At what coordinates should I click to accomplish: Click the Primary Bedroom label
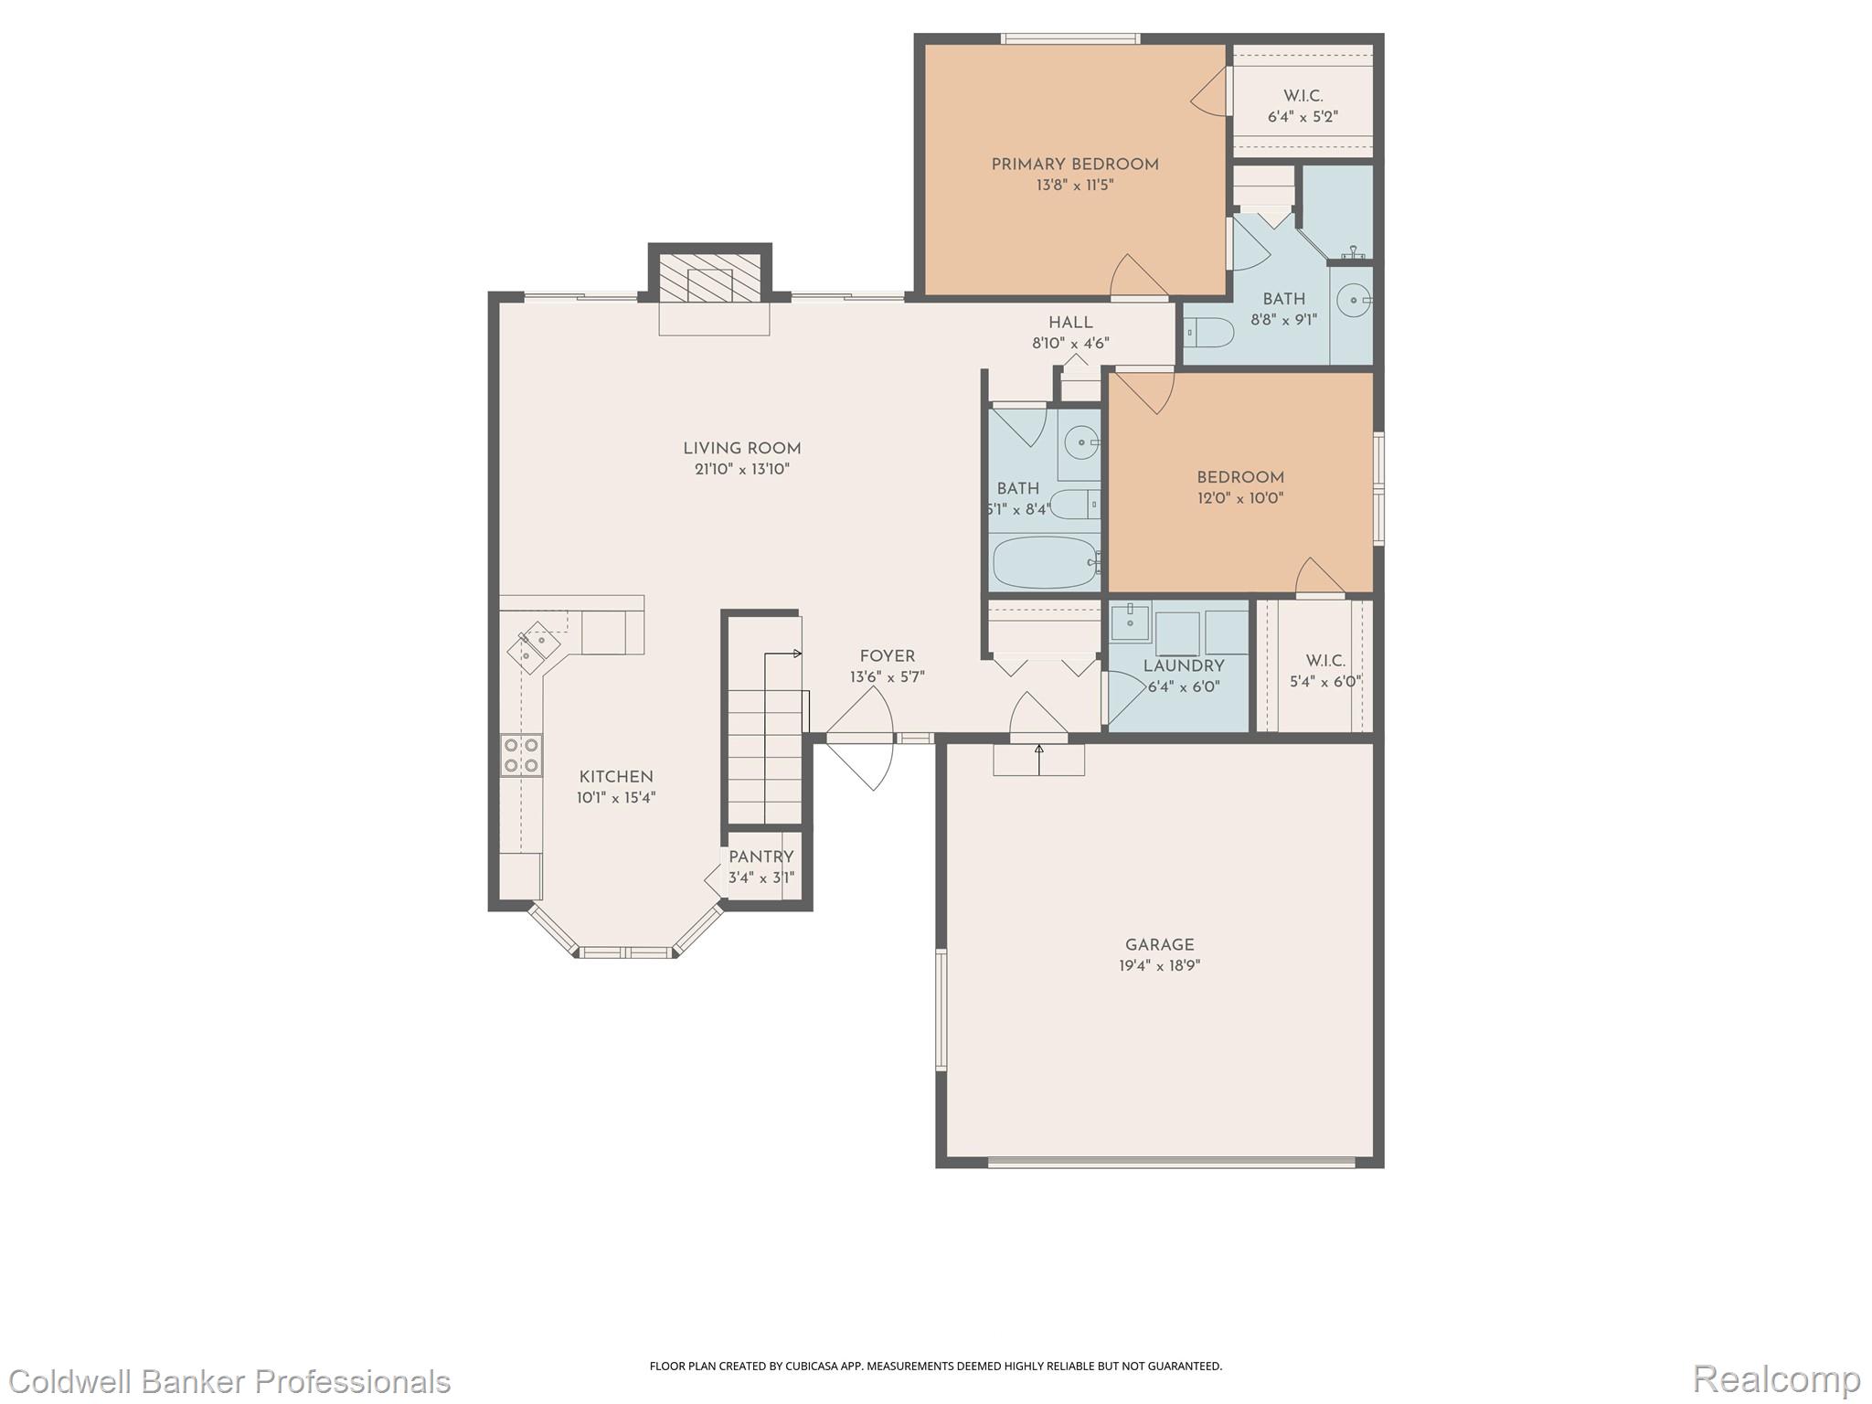pos(1074,165)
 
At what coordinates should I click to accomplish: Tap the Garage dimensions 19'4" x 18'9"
pos(1159,965)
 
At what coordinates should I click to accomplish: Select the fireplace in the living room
pos(710,283)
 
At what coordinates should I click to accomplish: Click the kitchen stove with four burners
pos(521,755)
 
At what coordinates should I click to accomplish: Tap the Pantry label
pos(760,856)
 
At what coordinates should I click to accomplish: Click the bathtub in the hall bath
pos(1045,561)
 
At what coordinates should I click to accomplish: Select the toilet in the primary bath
pos(1209,332)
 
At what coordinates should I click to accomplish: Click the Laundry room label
pos(1184,665)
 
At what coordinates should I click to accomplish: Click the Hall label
pos(1070,323)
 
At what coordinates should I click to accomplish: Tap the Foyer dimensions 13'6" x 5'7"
pos(887,677)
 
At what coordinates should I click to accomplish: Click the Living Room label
pos(741,448)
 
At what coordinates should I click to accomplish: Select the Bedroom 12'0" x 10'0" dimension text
pos(1240,498)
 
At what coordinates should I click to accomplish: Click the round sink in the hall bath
pos(1082,442)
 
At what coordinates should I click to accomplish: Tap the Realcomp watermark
pos(1776,1378)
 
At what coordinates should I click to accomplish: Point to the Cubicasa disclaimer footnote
pos(935,1366)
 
